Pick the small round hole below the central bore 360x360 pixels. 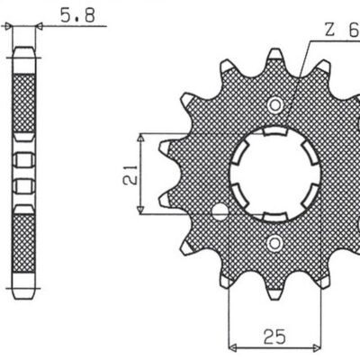[x=274, y=242]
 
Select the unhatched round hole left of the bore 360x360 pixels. [x=218, y=212]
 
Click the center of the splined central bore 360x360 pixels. [x=274, y=171]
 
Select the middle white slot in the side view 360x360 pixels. [x=24, y=184]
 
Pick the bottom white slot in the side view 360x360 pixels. [x=24, y=207]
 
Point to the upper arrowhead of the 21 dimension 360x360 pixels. [x=140, y=137]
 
